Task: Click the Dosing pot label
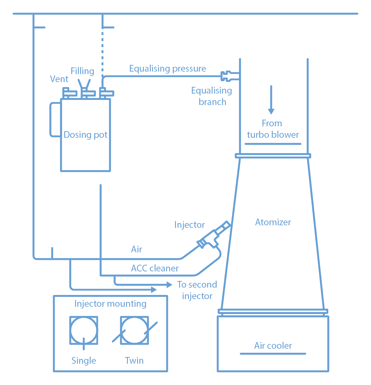pos(85,135)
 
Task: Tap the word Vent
pos(59,79)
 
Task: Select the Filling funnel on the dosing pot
pos(85,85)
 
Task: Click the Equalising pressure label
pos(167,68)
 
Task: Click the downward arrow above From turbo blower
pos(271,100)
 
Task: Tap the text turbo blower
pos(273,135)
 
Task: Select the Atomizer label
pos(273,222)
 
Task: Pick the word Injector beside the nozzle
pos(189,225)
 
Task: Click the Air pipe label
pos(136,249)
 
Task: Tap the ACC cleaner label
pos(155,268)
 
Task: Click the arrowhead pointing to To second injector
pos(170,284)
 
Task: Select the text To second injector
pos(197,290)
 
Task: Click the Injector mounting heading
pos(110,304)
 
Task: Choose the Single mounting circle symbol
pos(84,330)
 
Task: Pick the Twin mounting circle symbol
pos(134,330)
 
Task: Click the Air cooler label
pos(273,346)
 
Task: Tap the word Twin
pos(134,360)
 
